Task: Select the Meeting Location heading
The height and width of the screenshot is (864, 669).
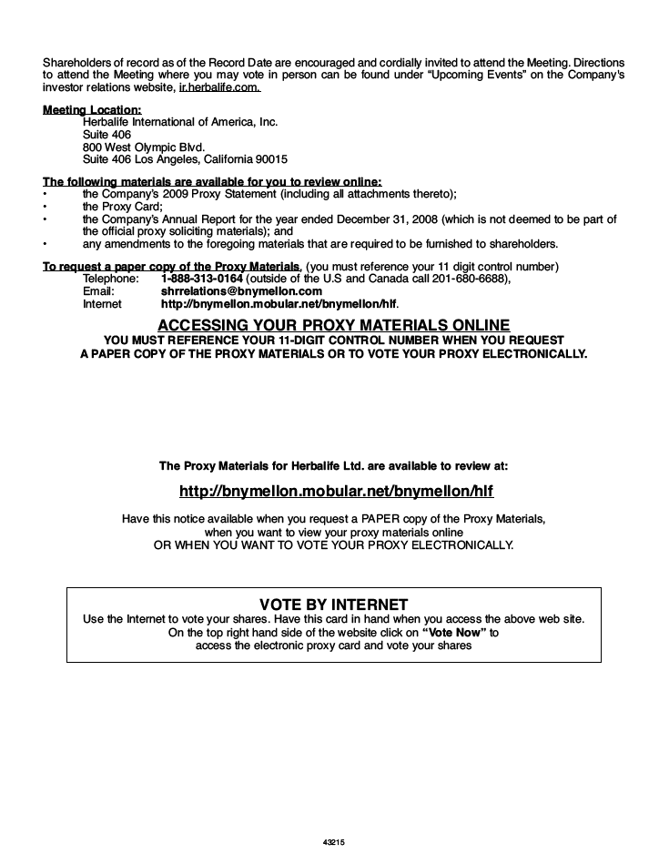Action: pyautogui.click(x=86, y=110)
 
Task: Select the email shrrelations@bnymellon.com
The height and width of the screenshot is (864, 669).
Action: pyautogui.click(x=241, y=290)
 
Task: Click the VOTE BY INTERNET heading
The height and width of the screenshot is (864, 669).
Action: pyautogui.click(x=333, y=604)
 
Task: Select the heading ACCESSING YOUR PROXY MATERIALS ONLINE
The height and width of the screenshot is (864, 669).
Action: pyautogui.click(x=333, y=325)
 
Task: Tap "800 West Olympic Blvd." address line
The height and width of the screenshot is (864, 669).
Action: pyautogui.click(x=143, y=145)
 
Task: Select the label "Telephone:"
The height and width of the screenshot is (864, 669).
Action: pyautogui.click(x=111, y=278)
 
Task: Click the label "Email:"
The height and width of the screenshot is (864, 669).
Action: pyautogui.click(x=98, y=290)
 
